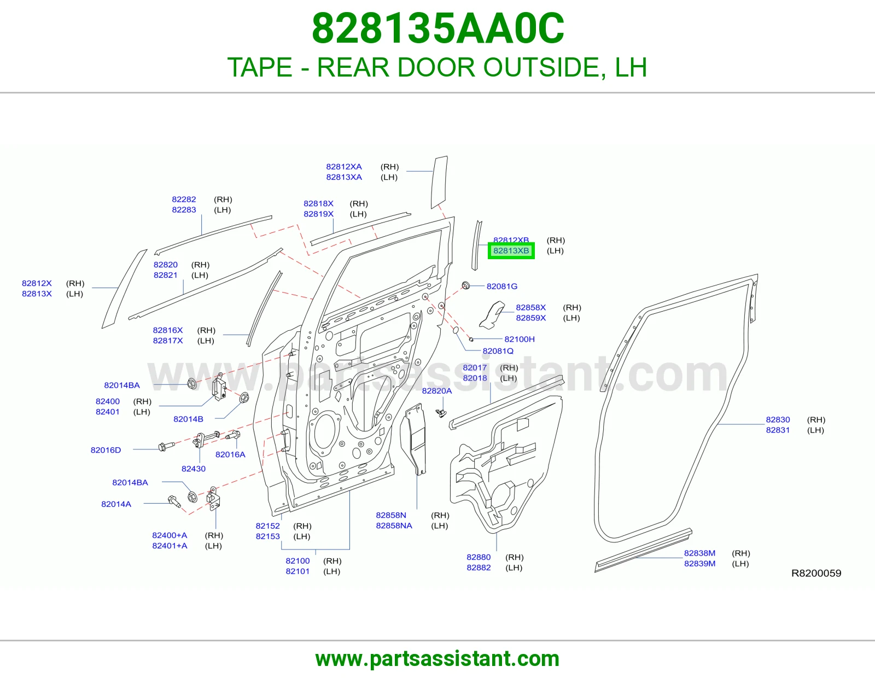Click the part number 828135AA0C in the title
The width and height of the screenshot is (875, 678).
click(437, 28)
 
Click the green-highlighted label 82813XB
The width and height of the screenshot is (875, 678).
click(511, 250)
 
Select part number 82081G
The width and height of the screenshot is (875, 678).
click(501, 287)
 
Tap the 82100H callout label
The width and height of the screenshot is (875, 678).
click(520, 339)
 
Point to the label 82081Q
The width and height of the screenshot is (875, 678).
click(498, 350)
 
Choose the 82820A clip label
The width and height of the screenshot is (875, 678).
click(437, 390)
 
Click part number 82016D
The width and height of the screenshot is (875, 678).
click(106, 449)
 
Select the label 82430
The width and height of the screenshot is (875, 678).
click(193, 468)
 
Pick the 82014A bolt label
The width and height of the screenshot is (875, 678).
click(116, 504)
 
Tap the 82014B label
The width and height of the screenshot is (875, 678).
click(188, 419)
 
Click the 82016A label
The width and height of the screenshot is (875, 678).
click(230, 454)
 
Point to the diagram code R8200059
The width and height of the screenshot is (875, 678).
click(816, 573)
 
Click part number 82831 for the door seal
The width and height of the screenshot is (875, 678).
click(778, 430)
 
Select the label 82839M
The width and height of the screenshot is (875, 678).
click(699, 563)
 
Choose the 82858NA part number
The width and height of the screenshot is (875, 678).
click(394, 525)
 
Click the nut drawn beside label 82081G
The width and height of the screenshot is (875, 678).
click(465, 285)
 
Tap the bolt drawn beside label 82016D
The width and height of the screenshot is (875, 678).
click(166, 446)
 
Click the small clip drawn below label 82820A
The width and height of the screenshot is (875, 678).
click(441, 413)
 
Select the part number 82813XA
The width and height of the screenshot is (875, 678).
click(344, 177)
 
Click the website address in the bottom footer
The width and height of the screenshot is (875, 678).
click(437, 659)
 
